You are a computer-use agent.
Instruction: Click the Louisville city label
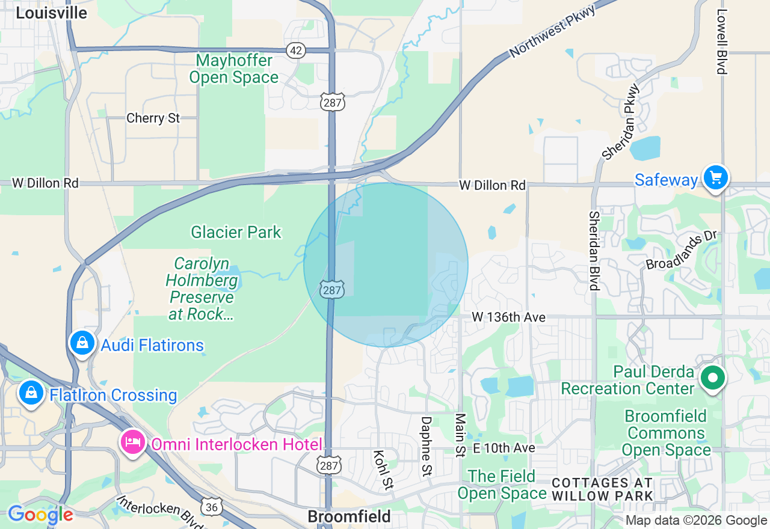tap(51, 13)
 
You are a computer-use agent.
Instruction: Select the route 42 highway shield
tap(295, 50)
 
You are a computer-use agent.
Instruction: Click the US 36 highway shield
tap(211, 507)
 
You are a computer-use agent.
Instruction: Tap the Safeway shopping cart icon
tap(715, 177)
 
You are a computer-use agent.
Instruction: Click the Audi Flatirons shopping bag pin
tap(82, 343)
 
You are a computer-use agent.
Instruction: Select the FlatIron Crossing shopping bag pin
tap(31, 393)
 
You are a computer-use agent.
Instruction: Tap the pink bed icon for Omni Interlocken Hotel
tap(132, 443)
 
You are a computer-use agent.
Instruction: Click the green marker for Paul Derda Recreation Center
tap(713, 378)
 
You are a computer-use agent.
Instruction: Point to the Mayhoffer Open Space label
tap(234, 69)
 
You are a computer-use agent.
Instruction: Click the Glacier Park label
tap(236, 232)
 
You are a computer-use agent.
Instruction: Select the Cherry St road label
tap(153, 118)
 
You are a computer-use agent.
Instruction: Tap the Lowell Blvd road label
tap(722, 41)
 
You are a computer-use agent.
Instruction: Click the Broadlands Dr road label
tap(682, 250)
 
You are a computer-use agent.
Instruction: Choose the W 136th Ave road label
tap(508, 317)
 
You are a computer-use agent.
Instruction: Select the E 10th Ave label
tap(504, 448)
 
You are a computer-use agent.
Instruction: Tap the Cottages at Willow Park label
tap(602, 489)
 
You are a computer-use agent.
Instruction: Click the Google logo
tap(40, 515)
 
